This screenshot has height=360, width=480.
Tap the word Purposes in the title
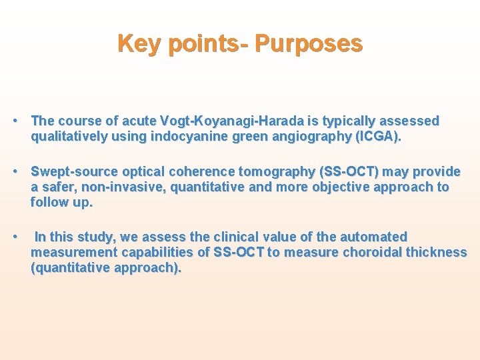309,44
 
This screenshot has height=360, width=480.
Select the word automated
373,237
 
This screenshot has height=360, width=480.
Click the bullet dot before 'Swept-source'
15,172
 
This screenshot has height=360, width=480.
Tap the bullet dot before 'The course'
15,121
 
